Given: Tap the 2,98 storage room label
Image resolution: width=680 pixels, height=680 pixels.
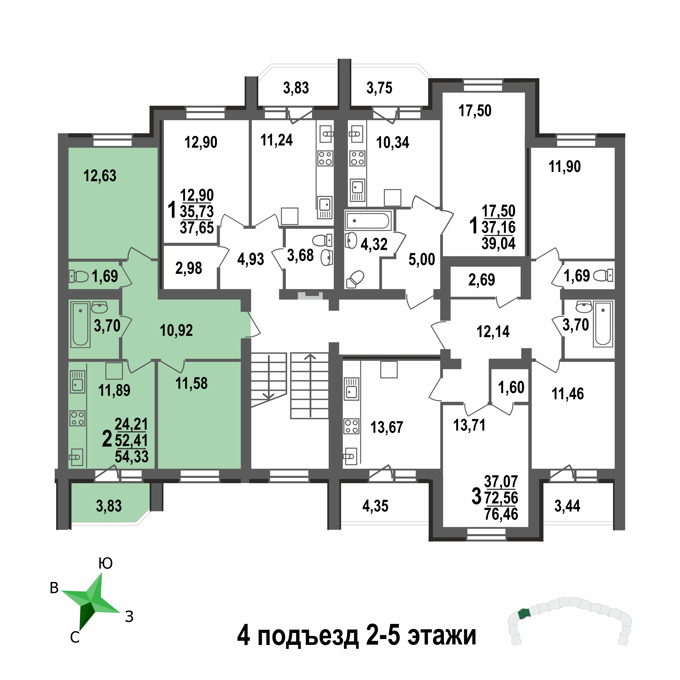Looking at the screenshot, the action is point(189,268).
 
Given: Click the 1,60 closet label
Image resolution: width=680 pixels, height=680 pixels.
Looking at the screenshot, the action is point(511,387).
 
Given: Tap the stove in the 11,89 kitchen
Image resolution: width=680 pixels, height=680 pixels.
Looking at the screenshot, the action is point(77,418).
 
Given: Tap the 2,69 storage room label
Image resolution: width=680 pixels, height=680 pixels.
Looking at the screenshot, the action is point(481,280).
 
